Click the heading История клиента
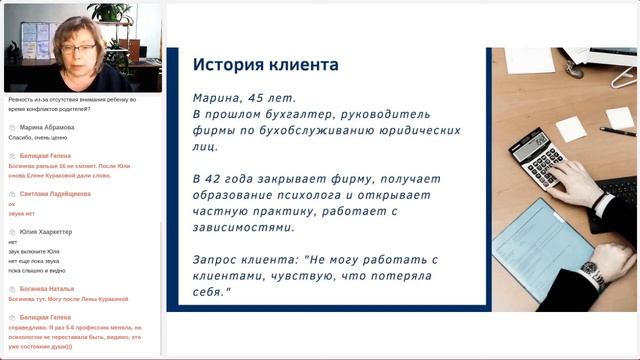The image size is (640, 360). pos(266,65)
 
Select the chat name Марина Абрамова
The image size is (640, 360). pos(48,128)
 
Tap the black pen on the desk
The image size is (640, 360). pos(616,131)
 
